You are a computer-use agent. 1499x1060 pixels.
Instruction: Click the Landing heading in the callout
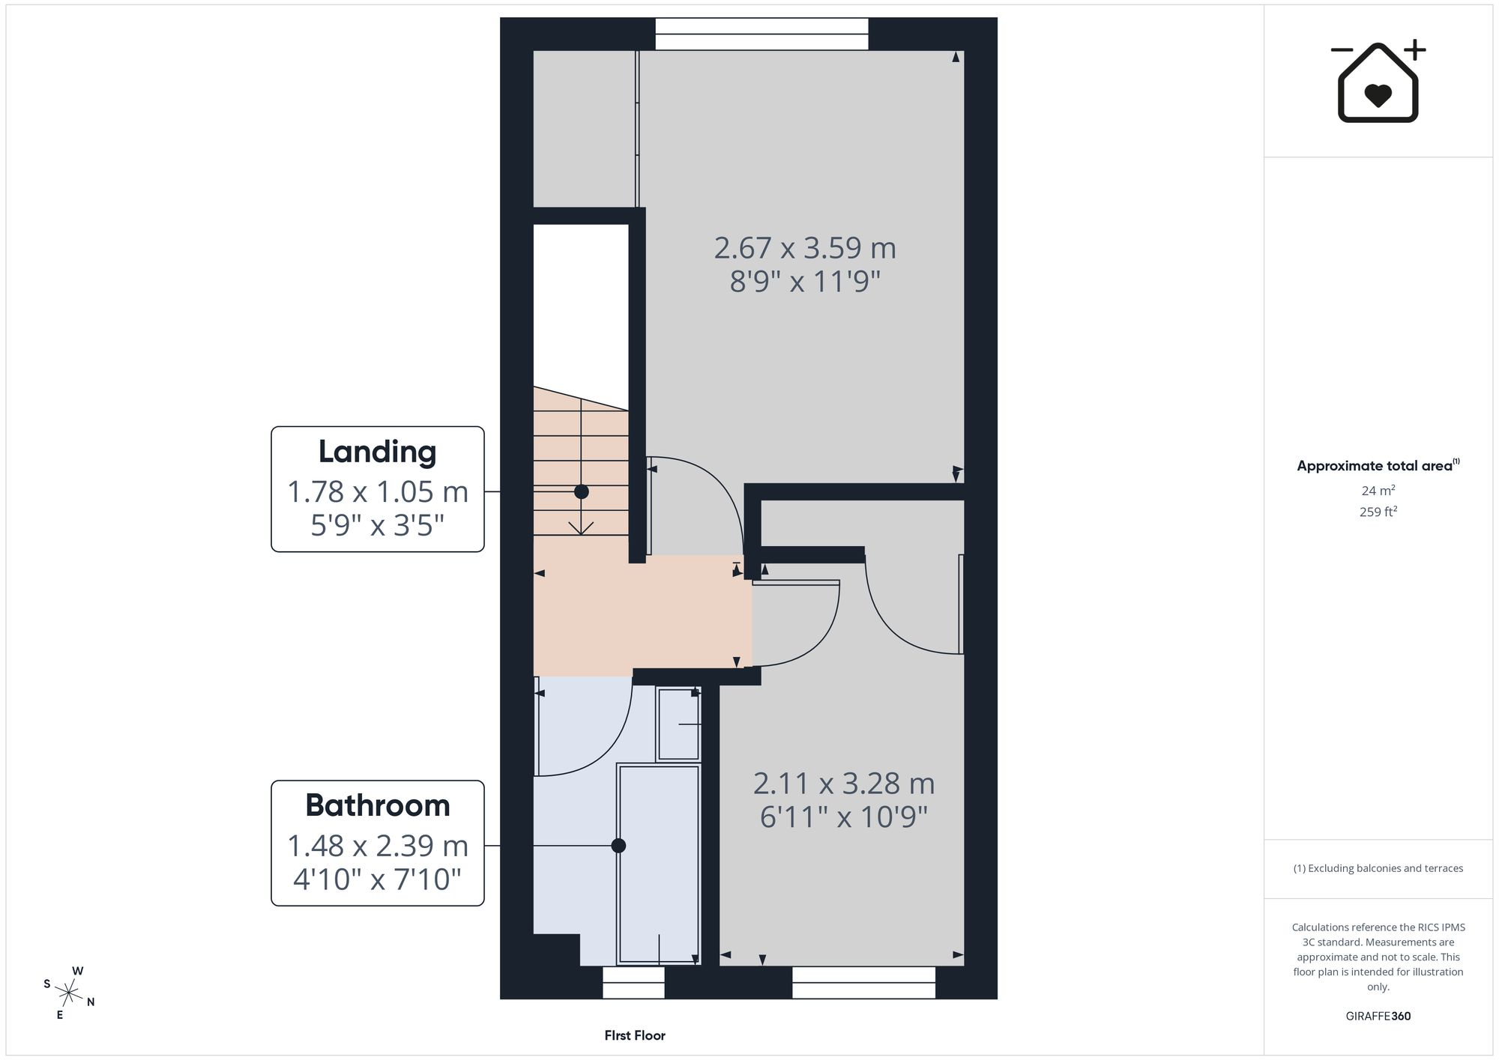coord(377,452)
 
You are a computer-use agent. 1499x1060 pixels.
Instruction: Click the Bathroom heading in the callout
coord(377,805)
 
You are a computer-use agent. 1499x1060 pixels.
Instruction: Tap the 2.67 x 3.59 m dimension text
coord(805,248)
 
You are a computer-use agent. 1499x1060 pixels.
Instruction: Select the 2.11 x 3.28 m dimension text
coord(844,784)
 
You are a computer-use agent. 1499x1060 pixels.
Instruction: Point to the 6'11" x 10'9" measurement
coord(844,817)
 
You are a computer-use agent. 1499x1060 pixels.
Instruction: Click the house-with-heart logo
coord(1378,81)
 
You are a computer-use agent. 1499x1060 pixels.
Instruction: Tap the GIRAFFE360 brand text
coord(1378,1017)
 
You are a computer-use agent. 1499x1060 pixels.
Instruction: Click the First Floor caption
coord(635,1035)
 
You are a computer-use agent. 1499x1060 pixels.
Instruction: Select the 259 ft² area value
coord(1378,512)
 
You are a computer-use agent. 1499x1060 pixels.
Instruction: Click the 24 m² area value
coord(1378,491)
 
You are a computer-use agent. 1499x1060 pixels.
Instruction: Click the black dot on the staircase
coord(581,492)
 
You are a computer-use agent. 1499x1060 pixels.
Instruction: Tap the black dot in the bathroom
coord(618,846)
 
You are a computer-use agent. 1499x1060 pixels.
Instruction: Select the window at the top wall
coord(761,34)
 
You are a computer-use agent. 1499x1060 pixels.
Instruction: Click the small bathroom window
coord(633,982)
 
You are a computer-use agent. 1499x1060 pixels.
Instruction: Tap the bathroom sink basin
coord(678,724)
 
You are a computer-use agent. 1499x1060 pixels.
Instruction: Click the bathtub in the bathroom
coord(658,864)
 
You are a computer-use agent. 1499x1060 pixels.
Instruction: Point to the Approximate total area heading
coord(1378,465)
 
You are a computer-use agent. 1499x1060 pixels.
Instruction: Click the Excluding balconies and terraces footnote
coord(1378,868)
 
